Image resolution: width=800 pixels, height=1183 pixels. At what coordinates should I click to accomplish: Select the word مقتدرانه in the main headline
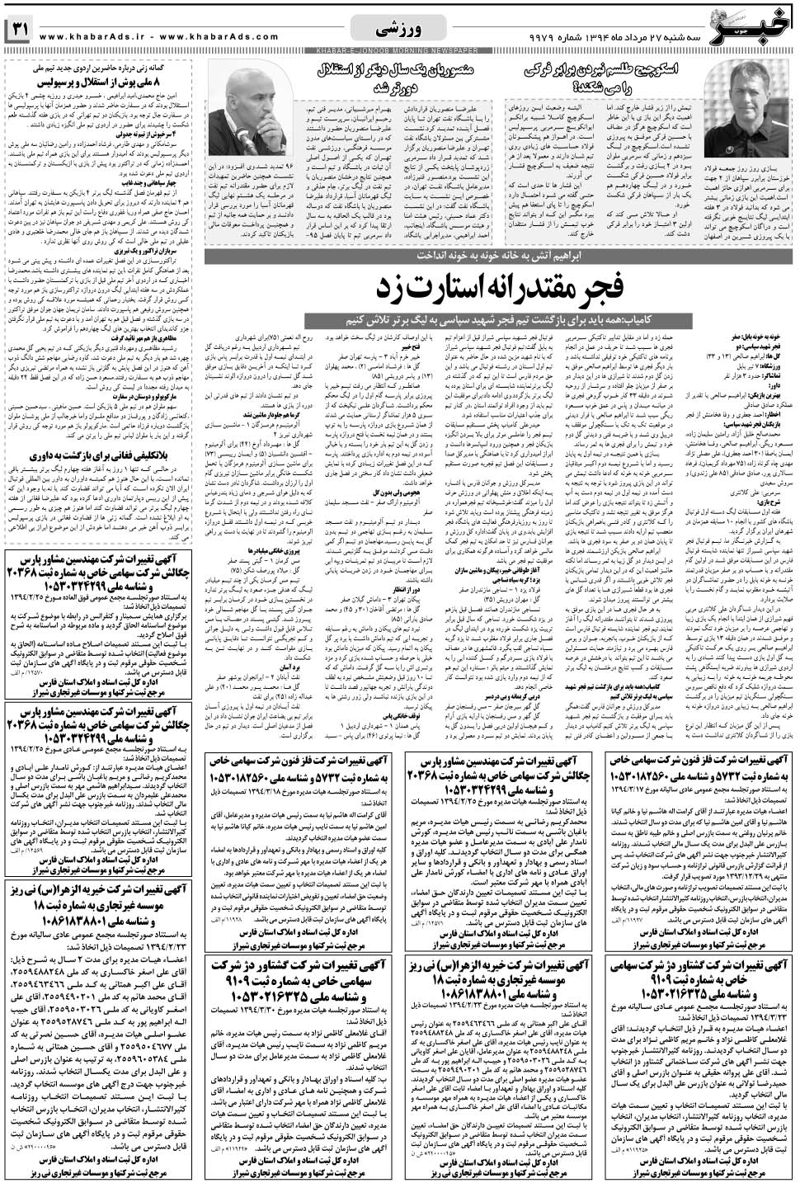[x=539, y=288]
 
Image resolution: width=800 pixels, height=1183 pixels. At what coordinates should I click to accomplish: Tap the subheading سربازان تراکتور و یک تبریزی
[x=131, y=248]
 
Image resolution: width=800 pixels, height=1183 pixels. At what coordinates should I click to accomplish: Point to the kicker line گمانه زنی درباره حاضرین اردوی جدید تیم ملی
[x=107, y=68]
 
